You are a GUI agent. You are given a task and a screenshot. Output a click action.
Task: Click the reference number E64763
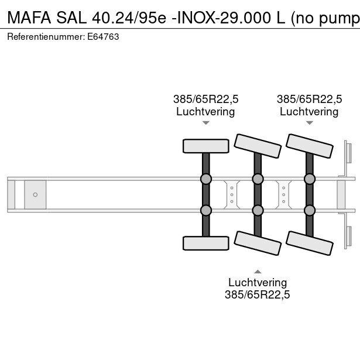coord(104,36)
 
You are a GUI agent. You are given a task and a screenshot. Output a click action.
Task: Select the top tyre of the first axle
coord(206,146)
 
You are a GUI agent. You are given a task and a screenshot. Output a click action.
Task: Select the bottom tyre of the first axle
coord(206,243)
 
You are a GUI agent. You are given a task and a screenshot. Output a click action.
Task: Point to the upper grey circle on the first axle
coord(206,179)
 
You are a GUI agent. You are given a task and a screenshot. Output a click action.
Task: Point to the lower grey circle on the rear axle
coord(309,210)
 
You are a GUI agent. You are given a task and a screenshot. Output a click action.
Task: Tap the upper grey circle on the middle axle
coord(258,179)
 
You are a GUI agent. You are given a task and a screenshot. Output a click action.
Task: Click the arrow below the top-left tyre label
coord(206,123)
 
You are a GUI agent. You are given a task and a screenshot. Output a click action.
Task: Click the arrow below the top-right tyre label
coord(309,123)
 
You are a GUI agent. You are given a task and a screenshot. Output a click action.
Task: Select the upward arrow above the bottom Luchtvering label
coord(258,271)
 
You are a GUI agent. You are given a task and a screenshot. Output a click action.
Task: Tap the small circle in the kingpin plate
coord(35,194)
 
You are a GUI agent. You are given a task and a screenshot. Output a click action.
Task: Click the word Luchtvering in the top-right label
coord(309,111)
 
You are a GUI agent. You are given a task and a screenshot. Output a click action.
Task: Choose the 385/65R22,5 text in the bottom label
coord(258,295)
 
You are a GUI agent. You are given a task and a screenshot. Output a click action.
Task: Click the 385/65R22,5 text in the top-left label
coord(206,99)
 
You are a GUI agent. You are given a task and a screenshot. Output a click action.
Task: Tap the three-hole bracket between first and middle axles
coord(232,194)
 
